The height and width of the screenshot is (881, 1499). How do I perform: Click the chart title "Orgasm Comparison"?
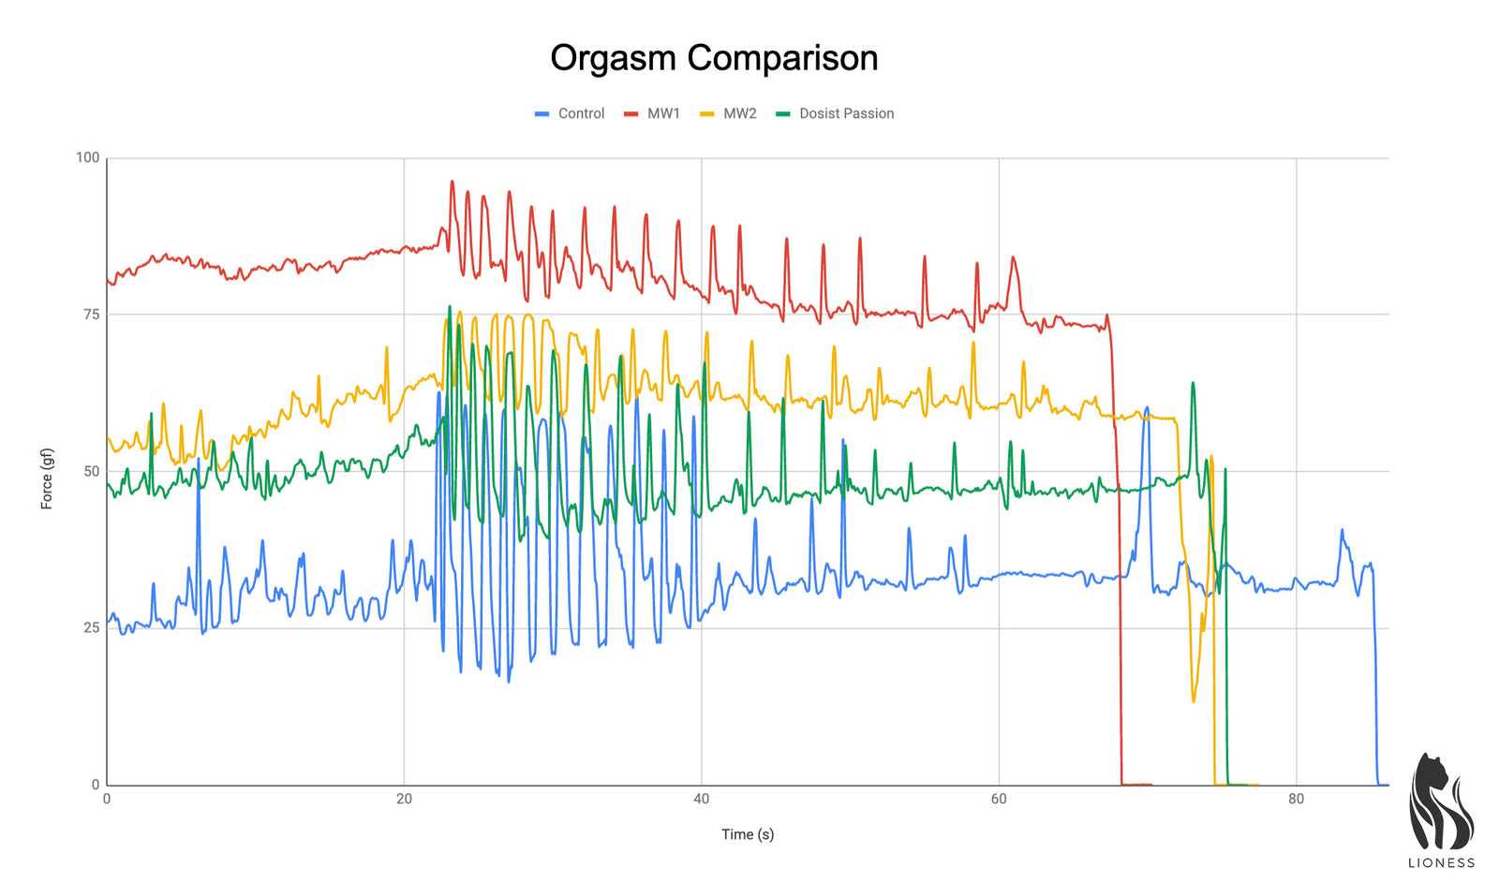point(714,58)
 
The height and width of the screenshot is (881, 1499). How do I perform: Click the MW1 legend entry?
point(653,113)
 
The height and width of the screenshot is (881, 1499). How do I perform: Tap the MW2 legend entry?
point(729,113)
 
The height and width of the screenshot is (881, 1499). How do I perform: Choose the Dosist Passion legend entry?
point(836,113)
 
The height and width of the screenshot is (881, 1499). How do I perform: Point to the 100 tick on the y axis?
point(87,157)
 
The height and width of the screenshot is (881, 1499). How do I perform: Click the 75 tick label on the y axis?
point(91,315)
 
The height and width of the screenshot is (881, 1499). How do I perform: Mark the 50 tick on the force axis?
point(91,471)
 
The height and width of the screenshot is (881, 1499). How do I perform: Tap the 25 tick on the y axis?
point(91,627)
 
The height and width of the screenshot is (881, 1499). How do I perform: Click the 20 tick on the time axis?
point(404,799)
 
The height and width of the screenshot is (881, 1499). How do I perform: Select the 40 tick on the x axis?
point(701,799)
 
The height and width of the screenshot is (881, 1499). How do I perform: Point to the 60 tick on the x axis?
point(999,799)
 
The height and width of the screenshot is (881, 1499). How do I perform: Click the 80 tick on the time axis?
point(1296,799)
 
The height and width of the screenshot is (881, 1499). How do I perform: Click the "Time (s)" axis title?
point(748,834)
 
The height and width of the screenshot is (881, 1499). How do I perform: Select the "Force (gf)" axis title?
point(46,478)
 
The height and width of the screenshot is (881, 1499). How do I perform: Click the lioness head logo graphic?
point(1440,803)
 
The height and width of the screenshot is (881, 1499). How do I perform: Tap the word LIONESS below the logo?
point(1441,863)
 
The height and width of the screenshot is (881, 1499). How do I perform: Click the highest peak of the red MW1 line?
point(452,182)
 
